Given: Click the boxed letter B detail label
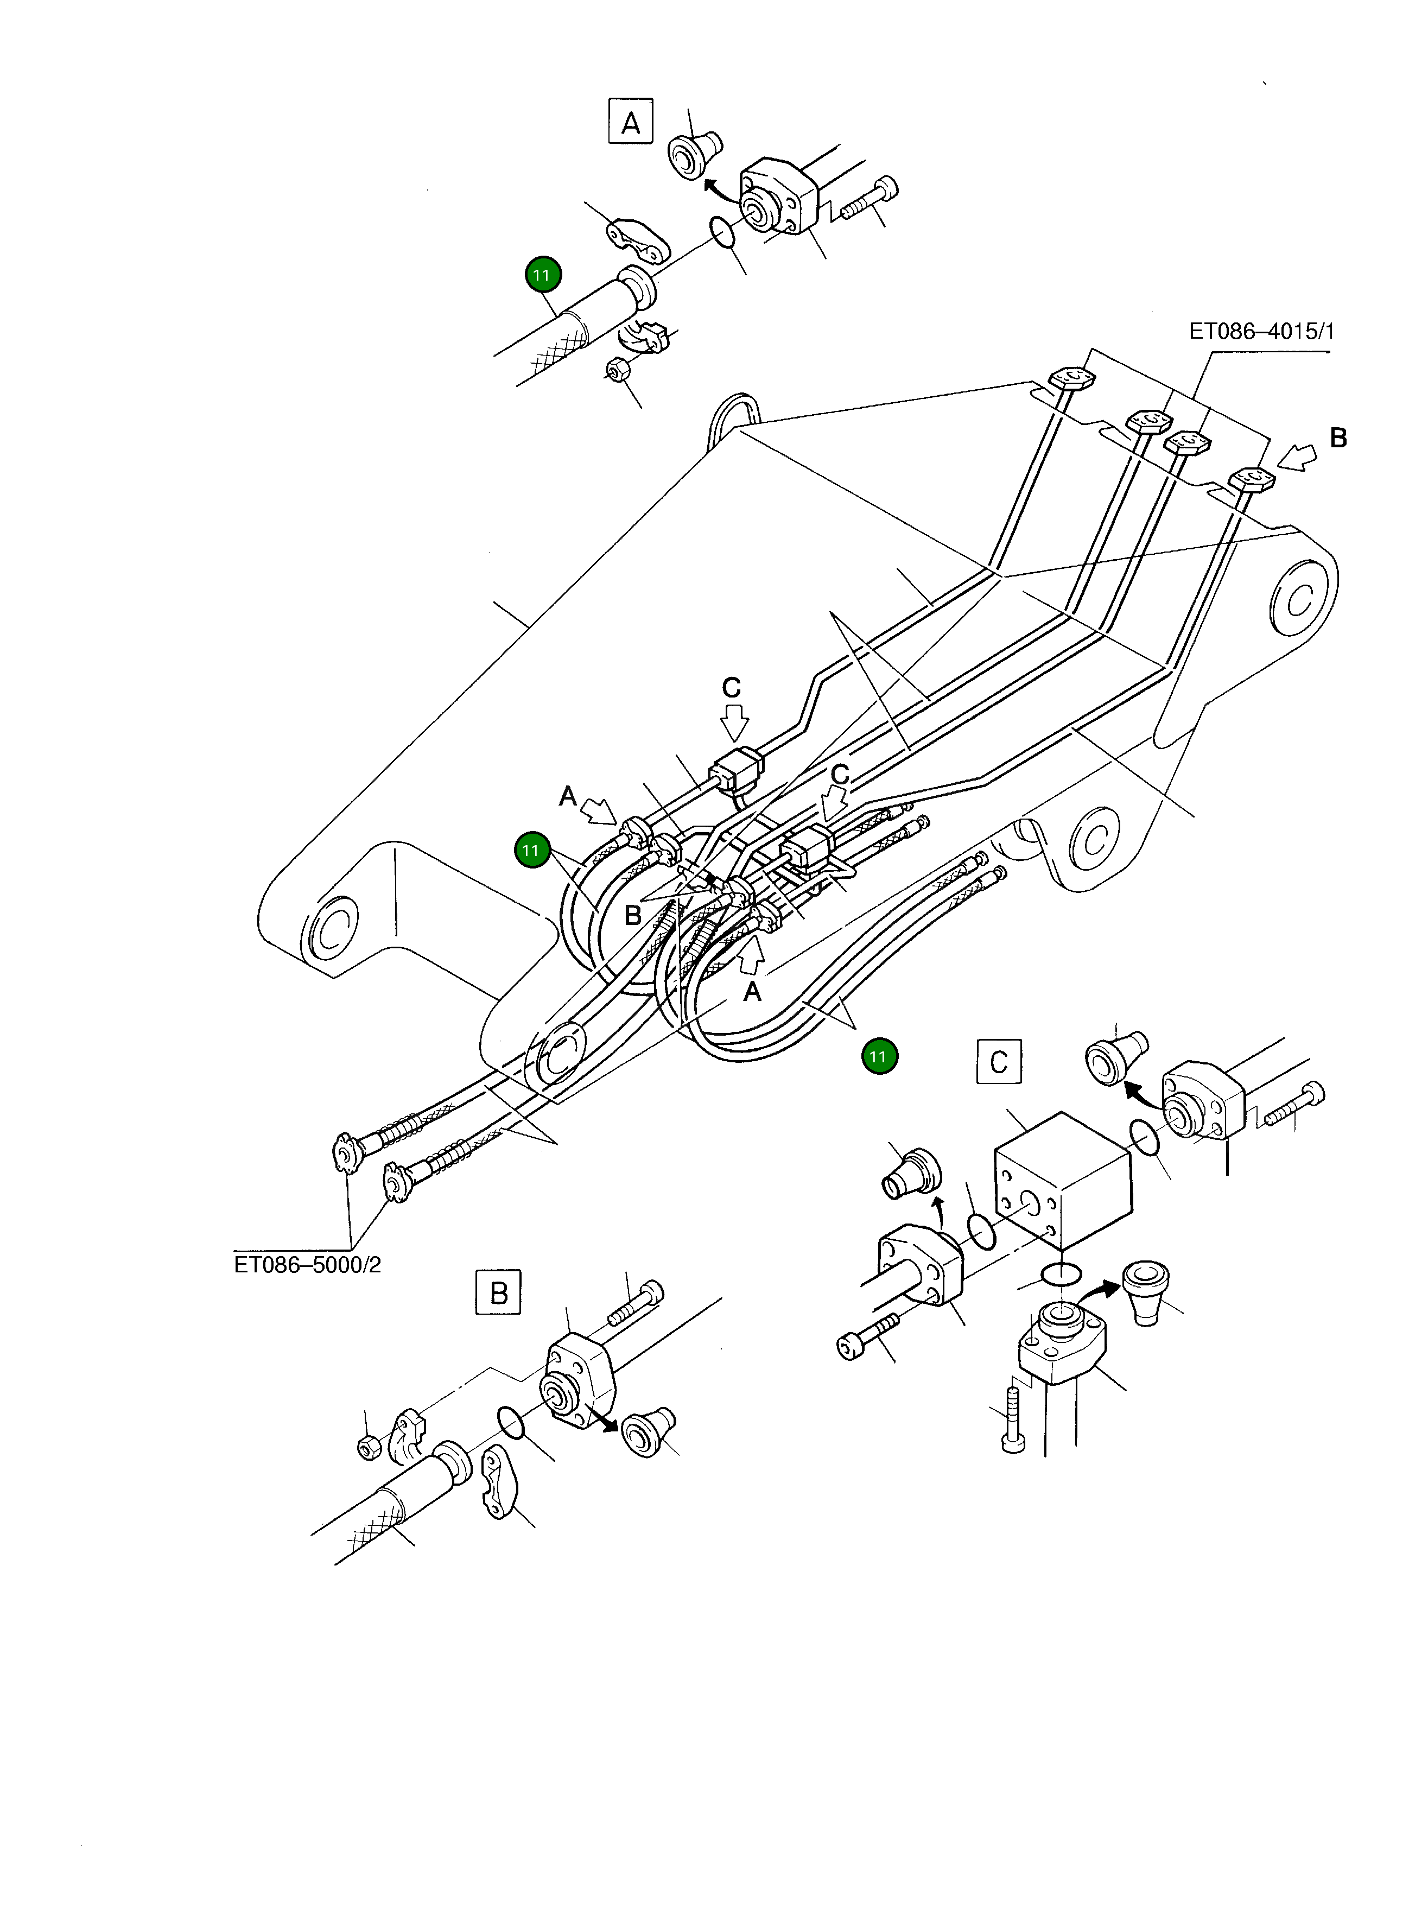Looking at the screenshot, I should [x=499, y=1291].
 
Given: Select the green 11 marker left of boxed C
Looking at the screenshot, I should [x=879, y=1056].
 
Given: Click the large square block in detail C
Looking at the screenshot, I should [x=1063, y=1178].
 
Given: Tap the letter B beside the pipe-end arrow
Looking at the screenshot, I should [x=1337, y=438].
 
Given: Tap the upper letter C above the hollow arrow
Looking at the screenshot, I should [x=731, y=688].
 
